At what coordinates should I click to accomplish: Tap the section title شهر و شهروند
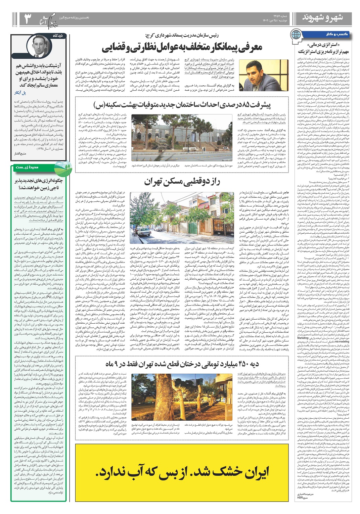[x=322, y=18]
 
